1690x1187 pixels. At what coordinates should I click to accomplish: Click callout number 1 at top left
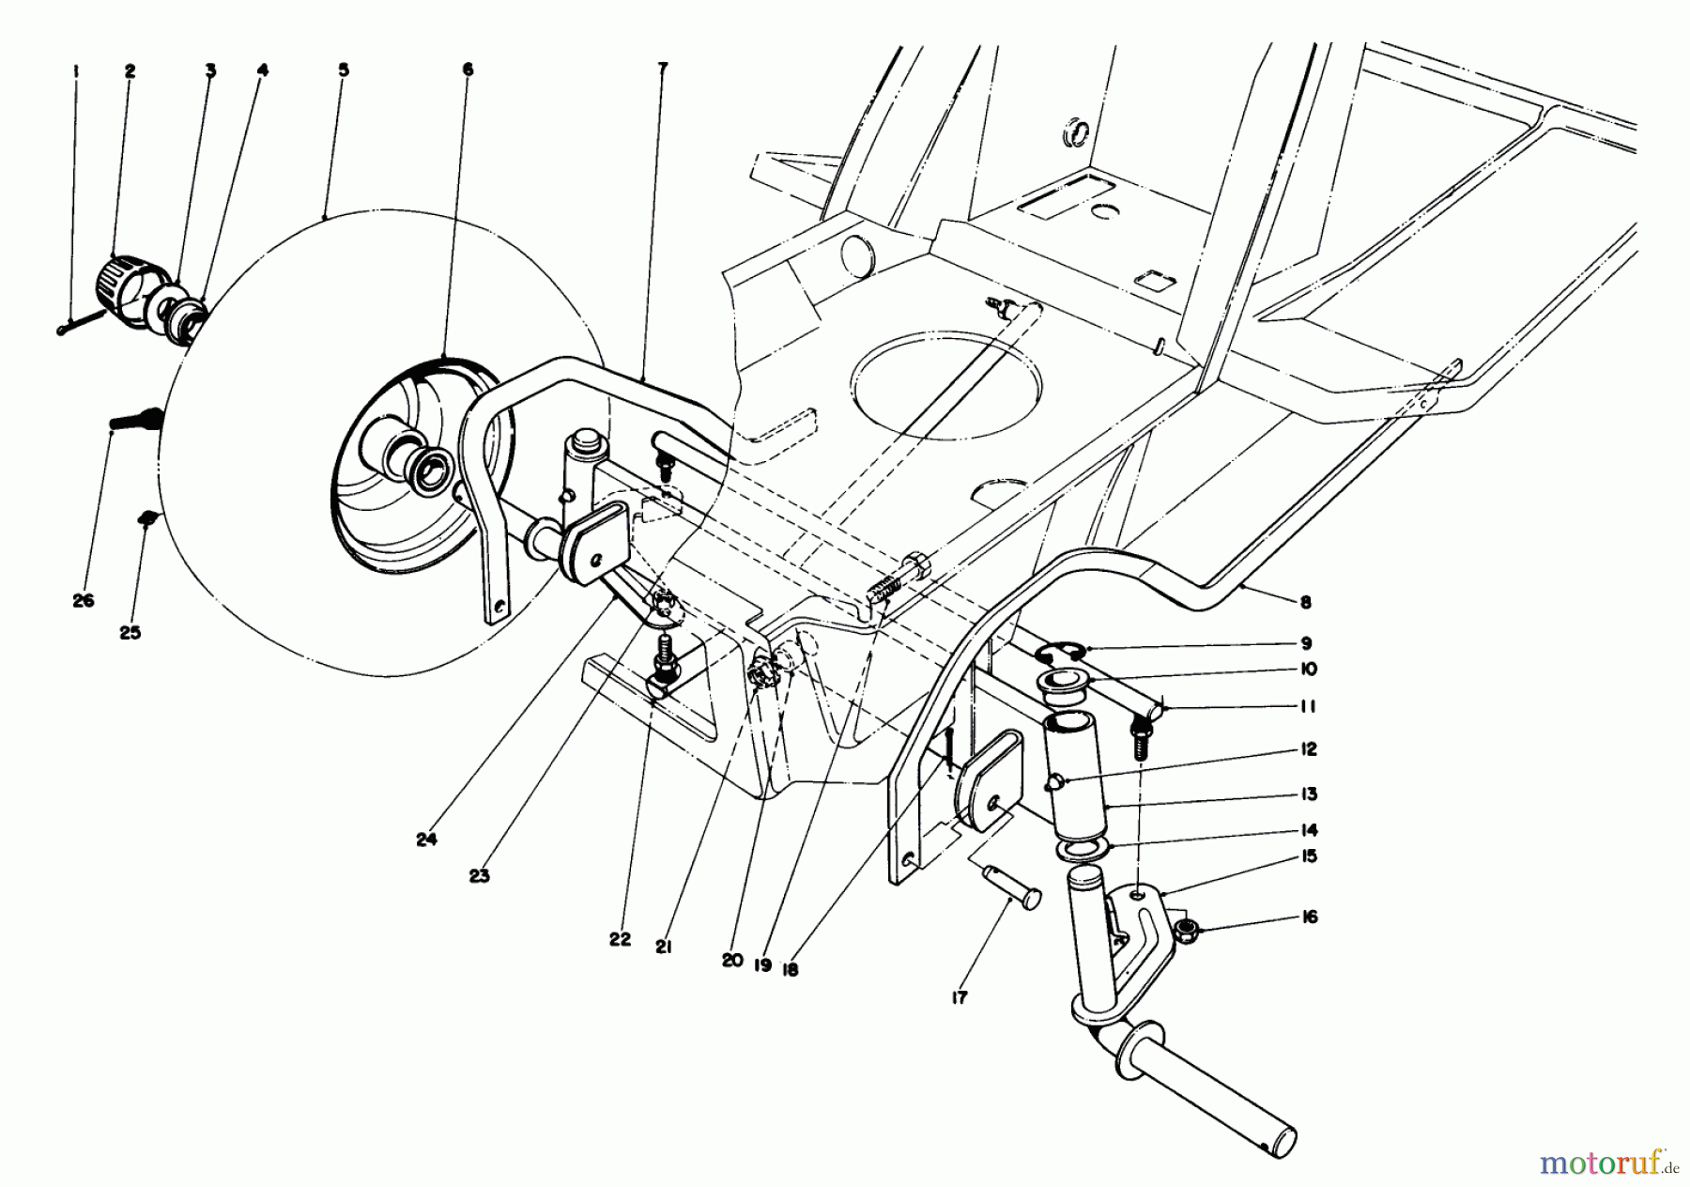coord(76,69)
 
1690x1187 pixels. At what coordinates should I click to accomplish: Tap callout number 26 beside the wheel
coord(84,600)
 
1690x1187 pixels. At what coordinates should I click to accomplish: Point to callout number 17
coord(960,997)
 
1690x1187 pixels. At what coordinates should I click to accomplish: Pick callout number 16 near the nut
coord(1310,917)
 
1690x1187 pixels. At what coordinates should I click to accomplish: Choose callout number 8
coord(1306,602)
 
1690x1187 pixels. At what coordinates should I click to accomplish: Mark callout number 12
coord(1310,749)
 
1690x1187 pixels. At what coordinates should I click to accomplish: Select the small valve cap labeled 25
coord(146,516)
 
